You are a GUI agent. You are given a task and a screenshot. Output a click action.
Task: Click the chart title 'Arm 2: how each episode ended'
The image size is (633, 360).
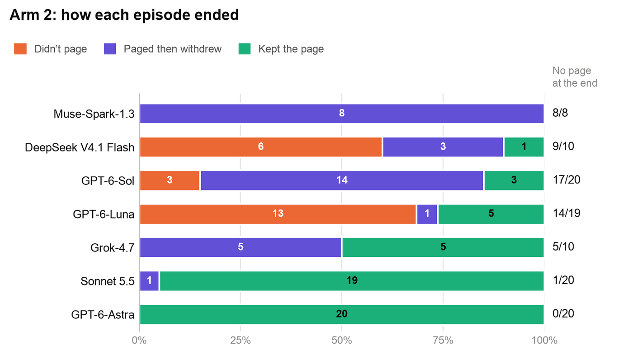pyautogui.click(x=124, y=15)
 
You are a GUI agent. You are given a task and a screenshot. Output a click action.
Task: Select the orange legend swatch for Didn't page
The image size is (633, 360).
pyautogui.click(x=20, y=49)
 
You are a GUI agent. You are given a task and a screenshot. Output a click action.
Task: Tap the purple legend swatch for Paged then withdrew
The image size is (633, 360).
pyautogui.click(x=110, y=49)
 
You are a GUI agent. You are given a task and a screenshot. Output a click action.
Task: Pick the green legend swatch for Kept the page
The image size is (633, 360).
pyautogui.click(x=245, y=49)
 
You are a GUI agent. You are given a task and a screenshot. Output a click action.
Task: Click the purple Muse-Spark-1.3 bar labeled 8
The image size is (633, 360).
pyautogui.click(x=342, y=114)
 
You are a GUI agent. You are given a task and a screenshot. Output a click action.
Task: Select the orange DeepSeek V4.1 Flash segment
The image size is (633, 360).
pyautogui.click(x=261, y=147)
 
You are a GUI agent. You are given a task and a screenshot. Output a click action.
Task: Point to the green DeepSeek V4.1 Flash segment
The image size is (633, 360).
pyautogui.click(x=524, y=147)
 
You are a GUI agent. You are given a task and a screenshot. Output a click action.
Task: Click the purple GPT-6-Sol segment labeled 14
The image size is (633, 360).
pyautogui.click(x=342, y=180)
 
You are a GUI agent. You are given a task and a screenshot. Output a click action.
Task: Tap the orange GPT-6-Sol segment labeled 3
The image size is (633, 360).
pyautogui.click(x=170, y=180)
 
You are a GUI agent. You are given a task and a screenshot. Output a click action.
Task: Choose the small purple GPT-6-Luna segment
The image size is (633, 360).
pyautogui.click(x=427, y=214)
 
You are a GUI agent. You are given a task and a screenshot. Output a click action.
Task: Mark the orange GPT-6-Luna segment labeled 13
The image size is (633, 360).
pyautogui.click(x=278, y=214)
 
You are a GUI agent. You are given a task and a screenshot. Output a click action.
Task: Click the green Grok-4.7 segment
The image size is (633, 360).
pyautogui.click(x=443, y=247)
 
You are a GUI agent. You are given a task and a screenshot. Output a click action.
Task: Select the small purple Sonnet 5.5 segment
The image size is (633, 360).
pyautogui.click(x=149, y=281)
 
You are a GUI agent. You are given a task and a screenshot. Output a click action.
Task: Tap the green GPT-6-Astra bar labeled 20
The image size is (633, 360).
pyautogui.click(x=342, y=314)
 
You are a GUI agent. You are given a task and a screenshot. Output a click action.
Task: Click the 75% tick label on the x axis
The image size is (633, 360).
pyautogui.click(x=443, y=341)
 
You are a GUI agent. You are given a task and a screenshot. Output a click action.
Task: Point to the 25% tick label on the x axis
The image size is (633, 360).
pyautogui.click(x=240, y=341)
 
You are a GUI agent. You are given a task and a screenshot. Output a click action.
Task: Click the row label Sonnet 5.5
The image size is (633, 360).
pyautogui.click(x=108, y=281)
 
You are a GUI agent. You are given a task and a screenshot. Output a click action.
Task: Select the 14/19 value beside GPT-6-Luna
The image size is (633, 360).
pyautogui.click(x=566, y=213)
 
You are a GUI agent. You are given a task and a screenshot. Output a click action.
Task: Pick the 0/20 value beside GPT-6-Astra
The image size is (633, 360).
pyautogui.click(x=563, y=314)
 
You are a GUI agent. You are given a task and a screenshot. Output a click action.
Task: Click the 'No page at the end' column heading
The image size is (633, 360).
pyautogui.click(x=575, y=77)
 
